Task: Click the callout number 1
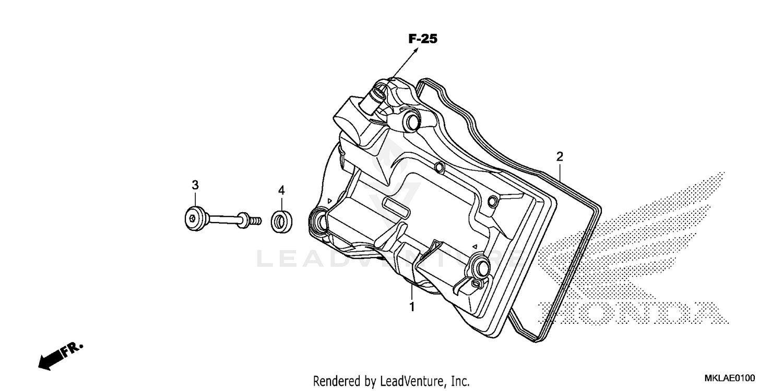click(x=412, y=307)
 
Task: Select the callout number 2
click(x=560, y=156)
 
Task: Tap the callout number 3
click(x=195, y=185)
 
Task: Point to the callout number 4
click(x=281, y=191)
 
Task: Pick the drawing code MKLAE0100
click(x=729, y=377)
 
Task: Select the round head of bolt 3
click(x=194, y=218)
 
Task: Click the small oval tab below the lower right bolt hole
click(x=474, y=283)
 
